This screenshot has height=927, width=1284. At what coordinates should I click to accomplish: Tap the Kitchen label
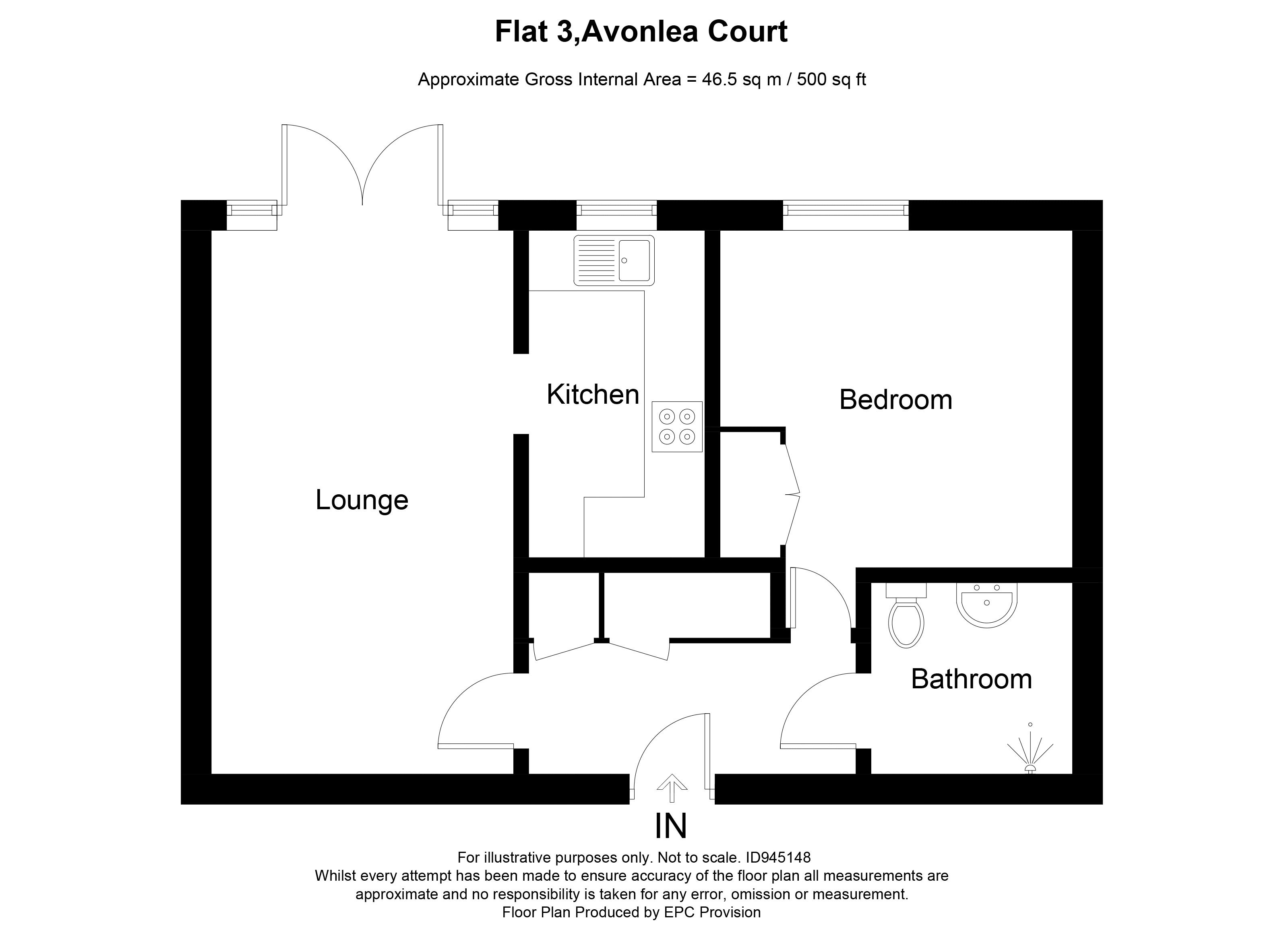pos(593,394)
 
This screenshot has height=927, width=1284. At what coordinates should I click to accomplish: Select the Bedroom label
pos(895,400)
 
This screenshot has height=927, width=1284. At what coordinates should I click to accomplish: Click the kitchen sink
pos(614,260)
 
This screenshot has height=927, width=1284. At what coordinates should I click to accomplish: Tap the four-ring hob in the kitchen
pos(677,427)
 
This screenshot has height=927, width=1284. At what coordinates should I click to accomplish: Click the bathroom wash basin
pos(987,605)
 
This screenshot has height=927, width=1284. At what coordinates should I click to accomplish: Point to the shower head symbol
pos(1030,752)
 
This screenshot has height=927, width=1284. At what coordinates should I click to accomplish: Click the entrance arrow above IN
pos(672,788)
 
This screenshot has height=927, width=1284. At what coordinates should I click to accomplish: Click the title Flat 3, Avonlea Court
pos(641,32)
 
